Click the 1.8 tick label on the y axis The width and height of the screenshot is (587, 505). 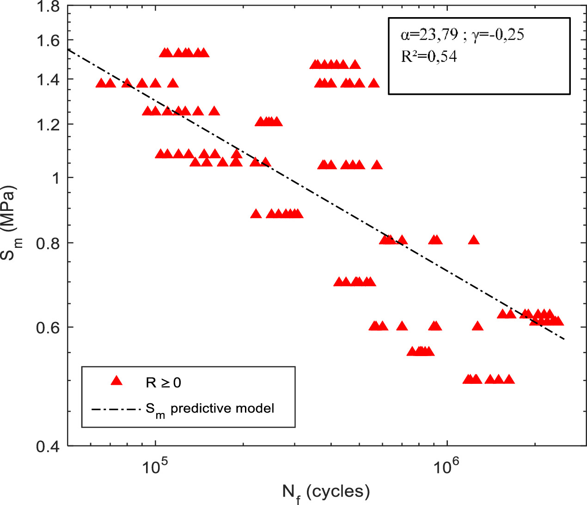tap(48, 7)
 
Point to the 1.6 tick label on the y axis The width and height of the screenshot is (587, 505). tap(48, 41)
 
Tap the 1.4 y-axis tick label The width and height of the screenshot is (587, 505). tap(48, 80)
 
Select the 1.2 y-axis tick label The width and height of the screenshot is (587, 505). tap(48, 124)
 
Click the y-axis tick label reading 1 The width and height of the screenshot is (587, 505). tap(55, 178)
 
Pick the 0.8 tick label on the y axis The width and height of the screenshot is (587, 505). tap(48, 243)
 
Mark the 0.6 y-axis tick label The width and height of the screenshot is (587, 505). tap(48, 327)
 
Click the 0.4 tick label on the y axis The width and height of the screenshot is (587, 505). tap(48, 447)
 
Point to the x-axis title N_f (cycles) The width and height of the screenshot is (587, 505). tap(326, 492)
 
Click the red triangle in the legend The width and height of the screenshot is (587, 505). tap(116, 381)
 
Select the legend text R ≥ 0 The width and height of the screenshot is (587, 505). tap(163, 382)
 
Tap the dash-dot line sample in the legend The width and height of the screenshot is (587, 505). tap(116, 409)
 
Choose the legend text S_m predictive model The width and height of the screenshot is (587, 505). tap(210, 409)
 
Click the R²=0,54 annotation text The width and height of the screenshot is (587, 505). tap(428, 56)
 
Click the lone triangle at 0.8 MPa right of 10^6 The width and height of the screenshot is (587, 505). tap(473, 240)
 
